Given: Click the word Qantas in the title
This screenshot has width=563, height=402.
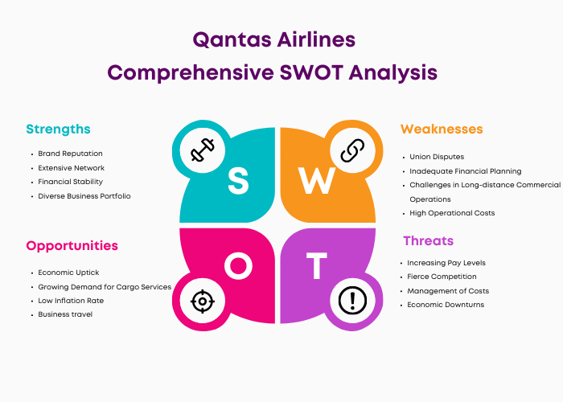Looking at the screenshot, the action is [x=232, y=39].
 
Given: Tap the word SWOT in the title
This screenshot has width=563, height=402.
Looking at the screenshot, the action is [x=311, y=72].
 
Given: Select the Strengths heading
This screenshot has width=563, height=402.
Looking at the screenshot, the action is [x=58, y=129].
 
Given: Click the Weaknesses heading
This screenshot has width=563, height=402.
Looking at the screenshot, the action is [x=442, y=129].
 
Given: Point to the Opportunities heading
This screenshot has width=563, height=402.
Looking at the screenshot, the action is [x=72, y=246].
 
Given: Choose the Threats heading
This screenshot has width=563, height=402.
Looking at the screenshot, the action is [x=429, y=240].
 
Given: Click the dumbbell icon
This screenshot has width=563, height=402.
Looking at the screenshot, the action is [x=203, y=150].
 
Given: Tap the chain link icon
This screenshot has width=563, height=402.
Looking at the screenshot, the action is [x=352, y=150].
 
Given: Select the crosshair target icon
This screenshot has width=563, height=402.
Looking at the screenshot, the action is [x=203, y=301].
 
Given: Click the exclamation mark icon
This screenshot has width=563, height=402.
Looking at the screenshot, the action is [x=352, y=301].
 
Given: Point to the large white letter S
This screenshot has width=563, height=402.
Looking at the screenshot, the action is [x=238, y=181].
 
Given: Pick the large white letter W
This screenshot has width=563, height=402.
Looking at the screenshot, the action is [x=317, y=181].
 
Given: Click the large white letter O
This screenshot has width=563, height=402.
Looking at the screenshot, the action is [x=238, y=266].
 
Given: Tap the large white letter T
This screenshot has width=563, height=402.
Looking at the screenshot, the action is [x=316, y=266].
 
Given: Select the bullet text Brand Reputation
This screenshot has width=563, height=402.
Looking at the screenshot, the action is [x=71, y=154].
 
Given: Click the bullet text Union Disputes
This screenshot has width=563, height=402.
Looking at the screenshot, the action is [x=437, y=157].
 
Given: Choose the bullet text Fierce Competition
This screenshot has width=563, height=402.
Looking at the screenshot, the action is [x=442, y=277].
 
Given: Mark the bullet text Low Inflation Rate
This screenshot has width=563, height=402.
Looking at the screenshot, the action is [x=71, y=301].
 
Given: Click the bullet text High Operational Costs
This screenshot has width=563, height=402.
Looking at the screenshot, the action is [x=452, y=213].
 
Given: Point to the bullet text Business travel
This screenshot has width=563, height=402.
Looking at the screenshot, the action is [x=65, y=314].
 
